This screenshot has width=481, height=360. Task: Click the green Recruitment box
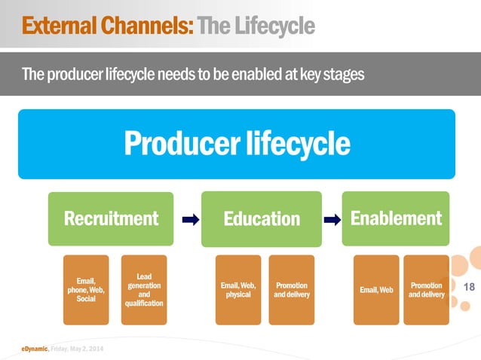(111, 218)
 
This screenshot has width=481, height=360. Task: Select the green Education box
(261, 218)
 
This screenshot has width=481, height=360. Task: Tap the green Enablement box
(396, 218)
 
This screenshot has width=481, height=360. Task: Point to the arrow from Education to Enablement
(331, 220)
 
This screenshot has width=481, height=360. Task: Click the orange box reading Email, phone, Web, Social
(86, 290)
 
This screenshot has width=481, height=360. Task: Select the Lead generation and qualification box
(144, 290)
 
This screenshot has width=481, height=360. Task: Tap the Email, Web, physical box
(238, 290)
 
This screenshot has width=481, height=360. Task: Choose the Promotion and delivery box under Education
(291, 290)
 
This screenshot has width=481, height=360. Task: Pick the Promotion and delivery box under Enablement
(426, 290)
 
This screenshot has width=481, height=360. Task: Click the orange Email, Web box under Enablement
(376, 290)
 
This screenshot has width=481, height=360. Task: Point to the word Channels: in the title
(155, 27)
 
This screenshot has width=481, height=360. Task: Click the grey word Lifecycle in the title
(274, 27)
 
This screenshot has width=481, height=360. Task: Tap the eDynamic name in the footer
(35, 347)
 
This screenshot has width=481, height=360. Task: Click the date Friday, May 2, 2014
(80, 347)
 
